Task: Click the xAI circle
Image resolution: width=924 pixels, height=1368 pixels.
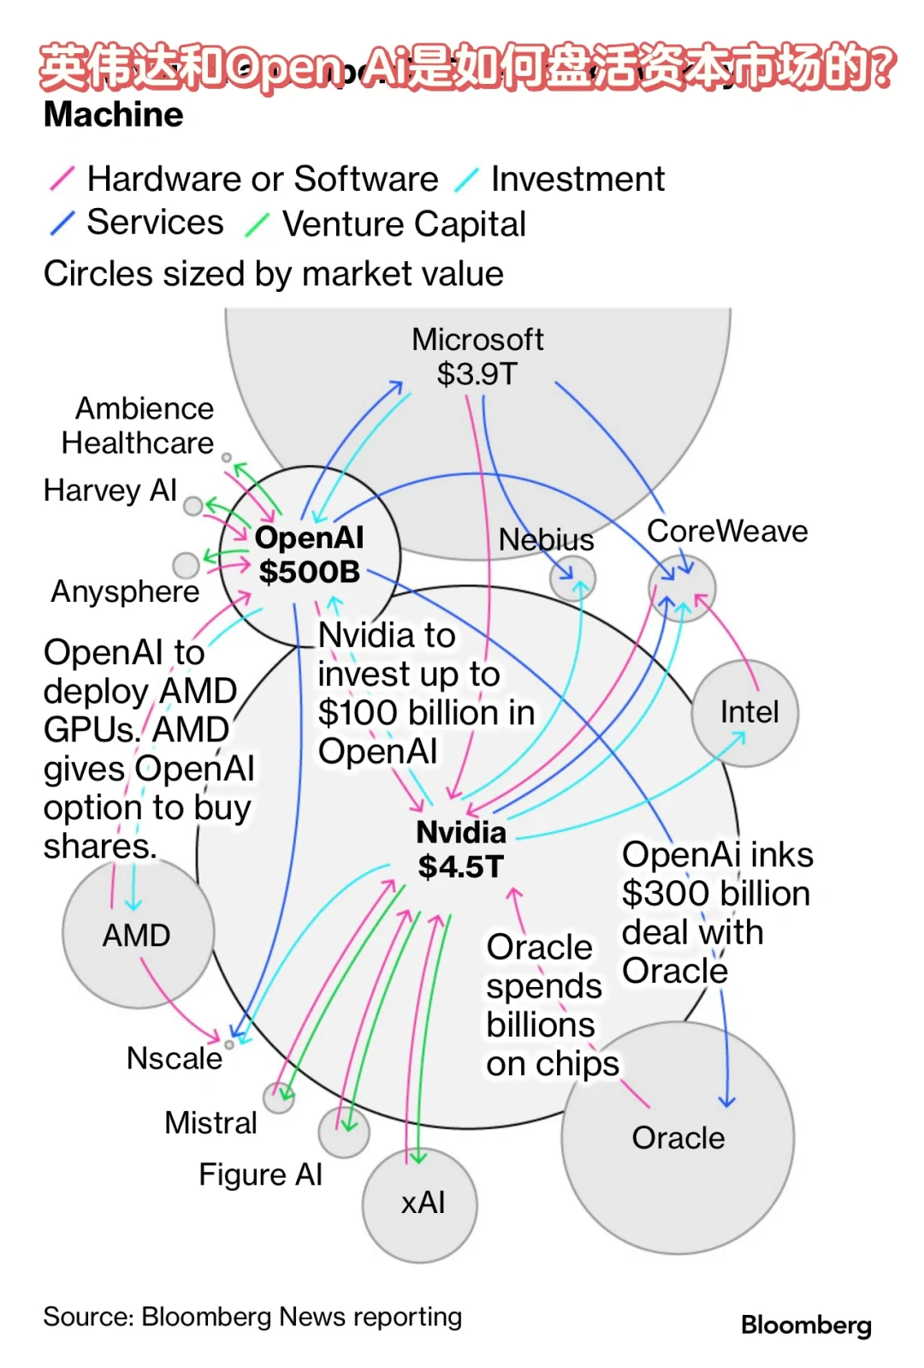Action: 420,1204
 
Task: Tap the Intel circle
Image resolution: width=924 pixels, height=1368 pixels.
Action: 745,712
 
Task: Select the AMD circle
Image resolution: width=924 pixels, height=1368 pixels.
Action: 138,934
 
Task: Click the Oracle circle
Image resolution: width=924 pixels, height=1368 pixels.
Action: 678,1138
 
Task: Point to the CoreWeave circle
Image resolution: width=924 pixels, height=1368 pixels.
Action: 682,588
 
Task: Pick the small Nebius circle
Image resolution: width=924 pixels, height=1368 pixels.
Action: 572,579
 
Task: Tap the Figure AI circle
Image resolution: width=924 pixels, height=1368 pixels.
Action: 344,1132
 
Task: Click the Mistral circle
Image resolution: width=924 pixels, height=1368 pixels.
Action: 279,1097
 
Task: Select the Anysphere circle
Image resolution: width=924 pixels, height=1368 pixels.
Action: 186,565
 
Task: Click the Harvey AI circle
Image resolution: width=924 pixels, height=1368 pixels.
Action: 193,506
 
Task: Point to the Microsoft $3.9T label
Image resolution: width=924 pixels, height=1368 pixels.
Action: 477,357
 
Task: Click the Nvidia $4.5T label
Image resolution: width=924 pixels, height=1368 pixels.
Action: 461,849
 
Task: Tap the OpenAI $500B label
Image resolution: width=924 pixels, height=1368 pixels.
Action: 310,555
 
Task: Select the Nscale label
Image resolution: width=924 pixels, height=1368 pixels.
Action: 175,1058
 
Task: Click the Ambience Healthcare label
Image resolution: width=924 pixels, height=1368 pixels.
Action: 138,425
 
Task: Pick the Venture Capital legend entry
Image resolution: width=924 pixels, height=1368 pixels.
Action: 403,224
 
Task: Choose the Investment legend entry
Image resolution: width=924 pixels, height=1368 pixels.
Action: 577,179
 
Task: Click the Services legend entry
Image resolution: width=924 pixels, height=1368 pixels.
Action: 154,223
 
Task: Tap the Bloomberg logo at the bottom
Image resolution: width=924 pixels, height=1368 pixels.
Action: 806,1325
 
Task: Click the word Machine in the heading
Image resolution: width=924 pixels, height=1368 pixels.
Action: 114,115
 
